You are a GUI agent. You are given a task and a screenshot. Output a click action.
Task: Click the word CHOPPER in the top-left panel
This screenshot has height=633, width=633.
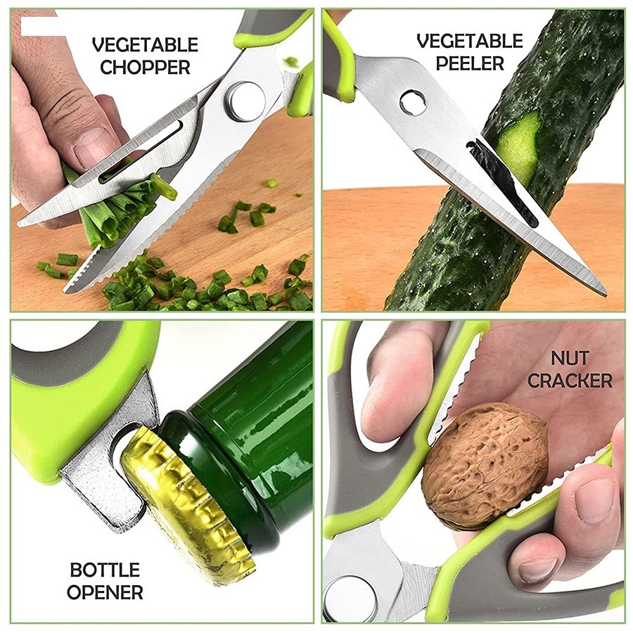tap(145, 67)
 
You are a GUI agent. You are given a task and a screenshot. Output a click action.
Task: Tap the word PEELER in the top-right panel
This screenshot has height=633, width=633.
tap(470, 64)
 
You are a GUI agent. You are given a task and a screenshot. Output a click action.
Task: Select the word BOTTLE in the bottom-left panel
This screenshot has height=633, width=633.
tap(105, 570)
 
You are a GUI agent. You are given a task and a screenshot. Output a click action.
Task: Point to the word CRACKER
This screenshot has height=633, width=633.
tap(570, 381)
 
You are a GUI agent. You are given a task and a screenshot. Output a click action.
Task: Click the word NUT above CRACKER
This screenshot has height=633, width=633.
tap(570, 358)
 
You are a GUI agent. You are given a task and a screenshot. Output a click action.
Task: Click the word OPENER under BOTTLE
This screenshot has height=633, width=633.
tap(105, 593)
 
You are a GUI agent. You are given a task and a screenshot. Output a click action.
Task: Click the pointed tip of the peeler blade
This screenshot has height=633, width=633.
tap(605, 294)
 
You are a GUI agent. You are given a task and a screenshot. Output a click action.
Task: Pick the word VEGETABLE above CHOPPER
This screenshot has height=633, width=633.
tap(145, 44)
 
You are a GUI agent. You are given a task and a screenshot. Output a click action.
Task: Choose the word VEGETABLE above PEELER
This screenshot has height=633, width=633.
tap(470, 41)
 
